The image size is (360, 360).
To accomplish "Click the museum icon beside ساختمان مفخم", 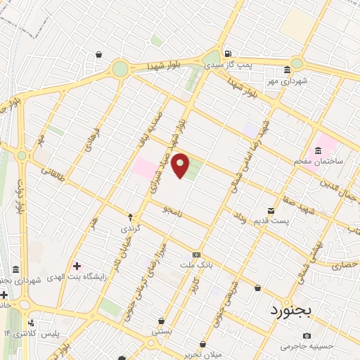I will click(319, 150).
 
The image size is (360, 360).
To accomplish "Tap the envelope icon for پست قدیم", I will click(271, 211).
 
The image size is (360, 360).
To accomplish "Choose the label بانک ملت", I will click(196, 264).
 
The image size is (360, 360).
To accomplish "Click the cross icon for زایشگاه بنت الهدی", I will click(77, 266).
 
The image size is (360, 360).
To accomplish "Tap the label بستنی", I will click(162, 330).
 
